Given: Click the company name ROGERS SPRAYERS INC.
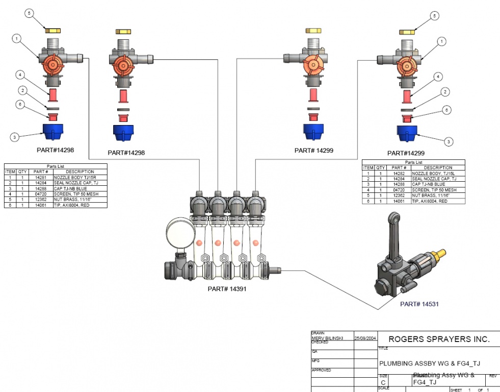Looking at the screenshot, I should click(x=438, y=339).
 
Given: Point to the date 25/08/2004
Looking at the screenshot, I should click(x=365, y=338).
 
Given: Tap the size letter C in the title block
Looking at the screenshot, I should click(x=383, y=382).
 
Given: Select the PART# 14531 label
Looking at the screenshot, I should click(x=419, y=304).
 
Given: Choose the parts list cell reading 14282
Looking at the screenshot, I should click(x=399, y=173).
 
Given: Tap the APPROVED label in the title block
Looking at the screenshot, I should click(x=321, y=370).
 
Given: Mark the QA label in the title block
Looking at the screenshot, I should click(x=314, y=352).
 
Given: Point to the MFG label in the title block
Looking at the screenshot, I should click(x=315, y=361).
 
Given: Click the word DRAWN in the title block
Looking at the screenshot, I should click(x=318, y=333).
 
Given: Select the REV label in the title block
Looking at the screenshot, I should click(x=493, y=376).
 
